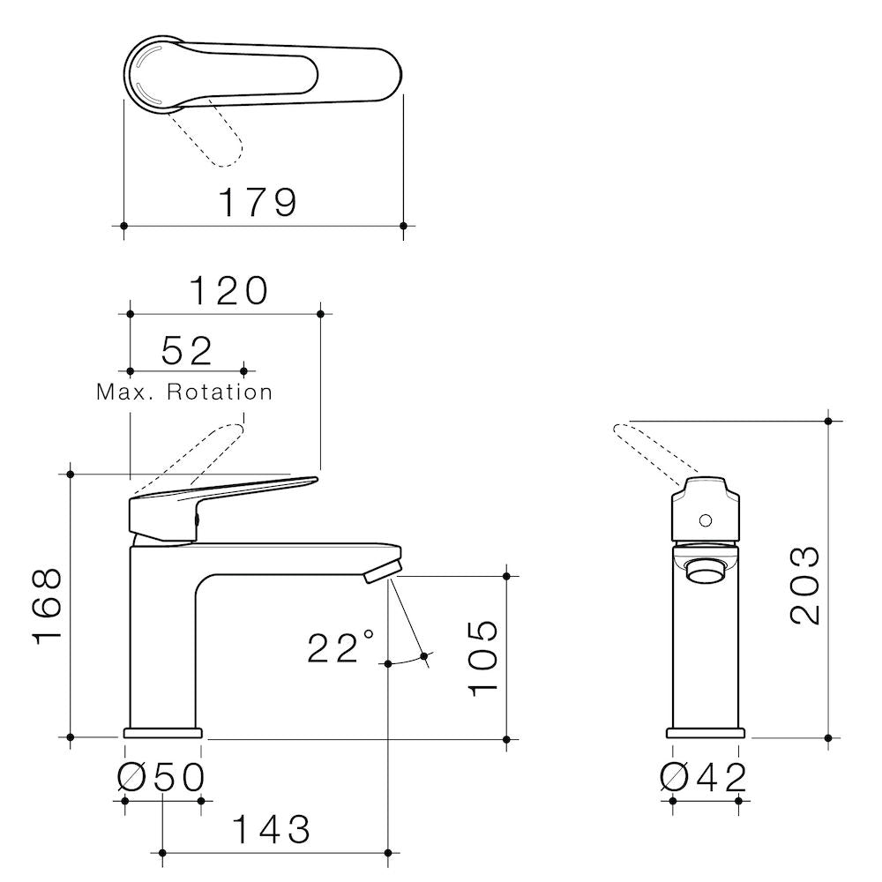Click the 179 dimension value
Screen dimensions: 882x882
pos(257,203)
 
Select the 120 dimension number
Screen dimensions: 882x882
pos(229,291)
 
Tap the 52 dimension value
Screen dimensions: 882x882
pos(187,350)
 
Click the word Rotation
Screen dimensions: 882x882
pos(220,392)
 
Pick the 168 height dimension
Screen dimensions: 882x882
pos(48,606)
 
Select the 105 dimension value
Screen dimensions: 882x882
pos(483,659)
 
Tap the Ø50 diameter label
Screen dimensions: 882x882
pos(161,777)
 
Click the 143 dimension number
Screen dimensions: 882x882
pos(271,830)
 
